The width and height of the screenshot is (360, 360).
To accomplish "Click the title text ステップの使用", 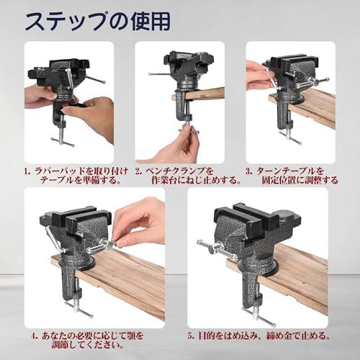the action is click(98, 22).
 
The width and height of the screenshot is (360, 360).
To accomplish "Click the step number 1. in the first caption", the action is click(28, 172).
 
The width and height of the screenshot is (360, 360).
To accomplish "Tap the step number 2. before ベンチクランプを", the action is click(138, 172).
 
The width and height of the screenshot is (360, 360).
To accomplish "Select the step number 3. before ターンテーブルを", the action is click(249, 172).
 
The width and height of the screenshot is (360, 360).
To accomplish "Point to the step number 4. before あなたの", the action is click(35, 336).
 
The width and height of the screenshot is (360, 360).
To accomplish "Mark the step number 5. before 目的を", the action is click(191, 336).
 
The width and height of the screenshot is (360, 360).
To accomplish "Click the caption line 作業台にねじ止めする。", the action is click(197, 180).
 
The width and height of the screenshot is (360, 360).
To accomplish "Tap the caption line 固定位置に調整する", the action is click(300, 180).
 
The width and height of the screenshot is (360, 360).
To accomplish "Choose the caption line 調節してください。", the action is click(88, 345).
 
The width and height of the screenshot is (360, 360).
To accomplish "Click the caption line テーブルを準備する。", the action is click(81, 180).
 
